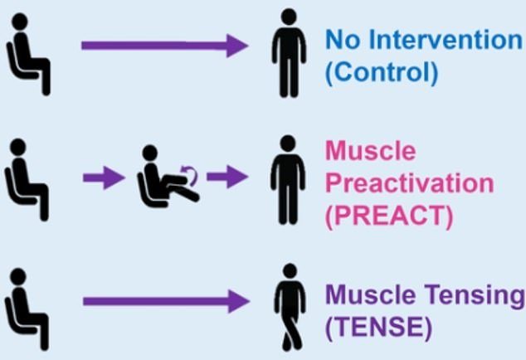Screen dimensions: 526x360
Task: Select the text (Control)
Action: tap(382, 72)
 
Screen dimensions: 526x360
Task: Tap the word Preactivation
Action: tap(410, 183)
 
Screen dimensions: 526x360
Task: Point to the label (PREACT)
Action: tap(389, 216)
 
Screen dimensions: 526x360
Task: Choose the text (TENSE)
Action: tap(378, 327)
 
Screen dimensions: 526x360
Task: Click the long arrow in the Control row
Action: tap(165, 46)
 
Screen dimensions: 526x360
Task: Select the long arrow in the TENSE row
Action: tap(166, 301)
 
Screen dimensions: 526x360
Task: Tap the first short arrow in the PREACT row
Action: tap(104, 178)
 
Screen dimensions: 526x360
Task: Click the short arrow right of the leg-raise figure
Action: tap(227, 177)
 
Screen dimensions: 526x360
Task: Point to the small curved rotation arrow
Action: tap(190, 174)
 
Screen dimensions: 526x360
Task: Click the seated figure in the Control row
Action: tap(28, 54)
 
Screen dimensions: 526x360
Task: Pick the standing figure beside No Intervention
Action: tap(289, 53)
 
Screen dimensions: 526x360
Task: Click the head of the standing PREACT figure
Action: tap(288, 144)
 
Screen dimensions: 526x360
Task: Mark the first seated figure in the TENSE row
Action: tap(27, 309)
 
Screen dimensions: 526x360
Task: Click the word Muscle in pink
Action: tap(371, 151)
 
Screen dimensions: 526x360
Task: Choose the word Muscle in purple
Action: tap(371, 294)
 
